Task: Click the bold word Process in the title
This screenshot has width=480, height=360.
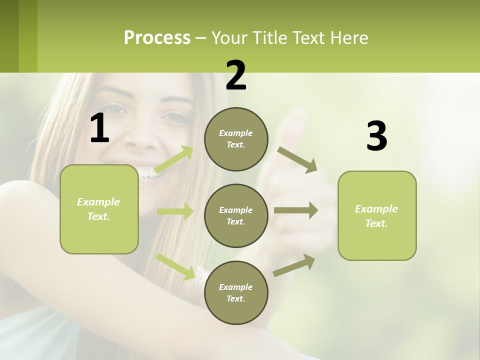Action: coord(157,37)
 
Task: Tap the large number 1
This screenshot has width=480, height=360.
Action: coord(99,128)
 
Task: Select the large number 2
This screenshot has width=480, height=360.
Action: coord(236,75)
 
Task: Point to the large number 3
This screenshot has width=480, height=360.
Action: coord(376,136)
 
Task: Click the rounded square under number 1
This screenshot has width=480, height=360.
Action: coord(99,209)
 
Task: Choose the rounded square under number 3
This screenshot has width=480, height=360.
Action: coord(377,215)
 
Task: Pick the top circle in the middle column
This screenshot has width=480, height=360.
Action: coord(236,139)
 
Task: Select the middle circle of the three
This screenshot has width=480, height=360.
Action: coord(236,215)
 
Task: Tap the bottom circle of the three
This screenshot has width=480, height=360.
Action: coord(236,292)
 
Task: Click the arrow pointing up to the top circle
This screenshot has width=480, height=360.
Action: coord(174,159)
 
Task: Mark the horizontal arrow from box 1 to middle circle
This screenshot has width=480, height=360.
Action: coord(175,211)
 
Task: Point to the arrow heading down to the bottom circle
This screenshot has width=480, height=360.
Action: coord(175,266)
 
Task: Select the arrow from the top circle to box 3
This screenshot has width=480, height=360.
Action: coord(297,159)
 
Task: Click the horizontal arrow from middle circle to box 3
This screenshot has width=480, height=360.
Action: coord(296,210)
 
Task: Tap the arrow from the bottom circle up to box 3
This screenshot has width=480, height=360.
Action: coord(294,265)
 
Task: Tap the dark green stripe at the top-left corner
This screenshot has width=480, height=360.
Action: coord(9,36)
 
